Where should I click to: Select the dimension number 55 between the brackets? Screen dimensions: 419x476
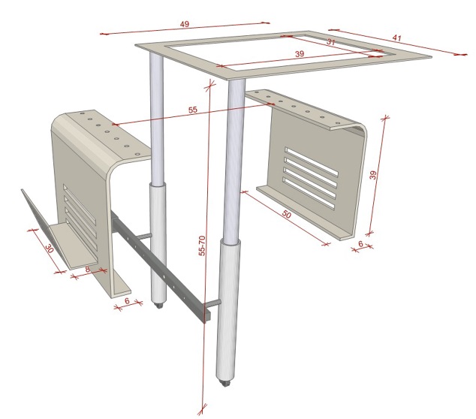194,110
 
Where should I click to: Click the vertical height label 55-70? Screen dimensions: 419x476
202,251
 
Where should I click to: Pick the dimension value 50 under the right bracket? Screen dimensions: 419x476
286,215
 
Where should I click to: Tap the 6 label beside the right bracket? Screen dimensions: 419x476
360,245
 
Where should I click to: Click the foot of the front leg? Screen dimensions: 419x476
226,384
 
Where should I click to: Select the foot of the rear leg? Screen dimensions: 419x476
158,305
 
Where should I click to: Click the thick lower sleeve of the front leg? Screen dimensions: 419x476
228,308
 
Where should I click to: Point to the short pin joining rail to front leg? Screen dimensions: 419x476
214,304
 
